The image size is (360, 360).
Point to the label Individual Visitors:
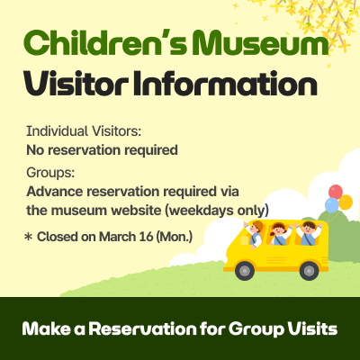tap(84, 131)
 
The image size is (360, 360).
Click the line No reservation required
tap(102, 148)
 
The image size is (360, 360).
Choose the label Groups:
tap(50, 173)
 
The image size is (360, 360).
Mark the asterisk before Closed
tap(28, 237)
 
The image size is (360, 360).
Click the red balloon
tap(336, 191)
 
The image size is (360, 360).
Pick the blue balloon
tap(331, 205)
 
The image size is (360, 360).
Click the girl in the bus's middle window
tap(279, 236)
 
